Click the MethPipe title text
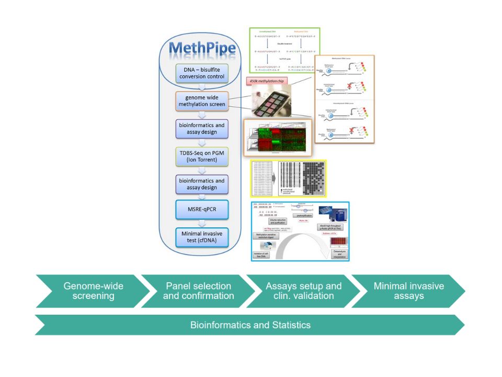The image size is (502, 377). tap(202, 49)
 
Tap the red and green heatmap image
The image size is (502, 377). tap(277, 137)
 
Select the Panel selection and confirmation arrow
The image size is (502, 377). tap(198, 291)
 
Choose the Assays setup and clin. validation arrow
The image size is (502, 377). tap(303, 291)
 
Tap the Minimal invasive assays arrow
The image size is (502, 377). tap(408, 291)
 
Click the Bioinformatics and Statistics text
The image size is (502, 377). tap(250, 325)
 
